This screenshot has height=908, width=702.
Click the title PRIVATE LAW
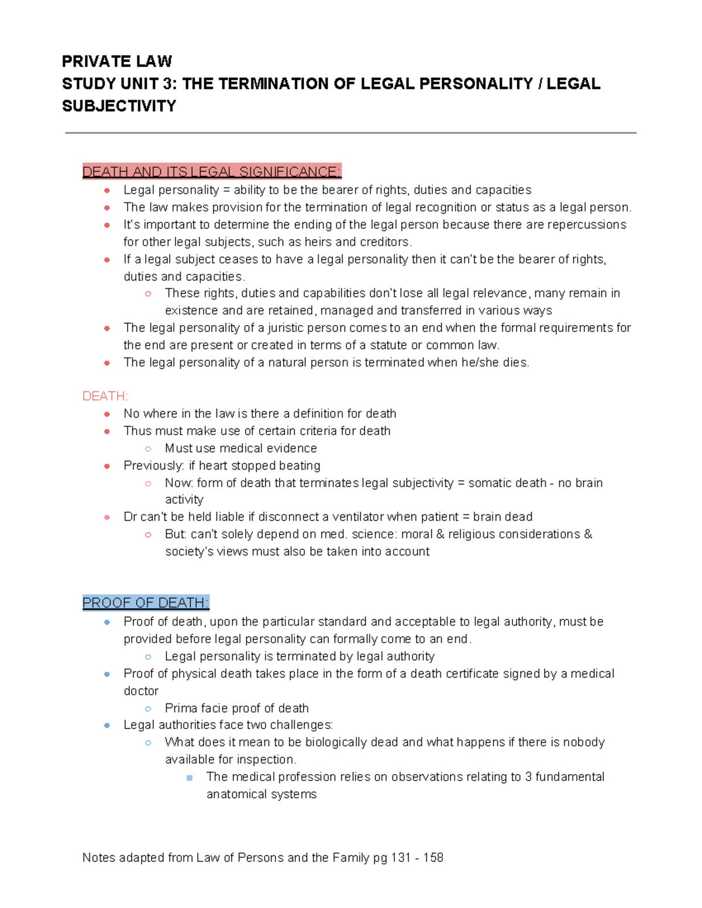point(116,61)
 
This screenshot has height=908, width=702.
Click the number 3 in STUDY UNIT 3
point(170,84)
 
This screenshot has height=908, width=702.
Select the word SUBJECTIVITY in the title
point(119,106)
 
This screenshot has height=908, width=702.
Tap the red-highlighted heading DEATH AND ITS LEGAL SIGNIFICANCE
point(211,172)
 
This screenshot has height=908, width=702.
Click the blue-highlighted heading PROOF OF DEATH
point(145,603)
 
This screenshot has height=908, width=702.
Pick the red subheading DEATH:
point(105,396)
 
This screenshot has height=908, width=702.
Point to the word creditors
point(386,242)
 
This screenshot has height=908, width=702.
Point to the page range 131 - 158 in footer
point(417,858)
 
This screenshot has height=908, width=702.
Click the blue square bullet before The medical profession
point(189,778)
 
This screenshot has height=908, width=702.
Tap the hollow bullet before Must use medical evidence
point(148,448)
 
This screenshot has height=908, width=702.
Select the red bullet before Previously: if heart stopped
point(107,466)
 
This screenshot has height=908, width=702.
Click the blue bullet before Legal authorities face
point(107,726)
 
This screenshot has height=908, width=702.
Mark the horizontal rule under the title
point(350,133)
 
